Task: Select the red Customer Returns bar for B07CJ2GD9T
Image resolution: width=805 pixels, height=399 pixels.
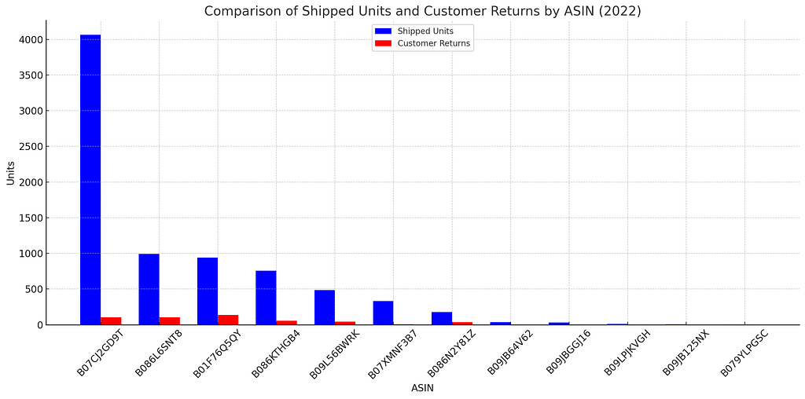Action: coord(111,320)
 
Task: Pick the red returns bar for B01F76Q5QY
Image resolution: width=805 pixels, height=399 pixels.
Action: coord(228,320)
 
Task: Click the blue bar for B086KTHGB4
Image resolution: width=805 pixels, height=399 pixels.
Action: coord(266,298)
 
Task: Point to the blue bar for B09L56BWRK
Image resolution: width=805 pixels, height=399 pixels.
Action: coord(325,307)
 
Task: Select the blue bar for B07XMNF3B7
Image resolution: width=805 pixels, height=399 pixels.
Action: coord(383,313)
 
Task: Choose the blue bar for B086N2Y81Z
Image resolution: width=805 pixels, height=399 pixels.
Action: coord(442,318)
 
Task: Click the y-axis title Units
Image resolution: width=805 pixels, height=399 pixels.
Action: coord(10,173)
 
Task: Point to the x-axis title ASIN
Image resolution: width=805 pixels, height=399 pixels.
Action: coord(422,388)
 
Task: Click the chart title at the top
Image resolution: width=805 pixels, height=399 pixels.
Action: coord(422,11)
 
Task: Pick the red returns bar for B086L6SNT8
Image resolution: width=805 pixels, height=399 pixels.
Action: coord(170,320)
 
